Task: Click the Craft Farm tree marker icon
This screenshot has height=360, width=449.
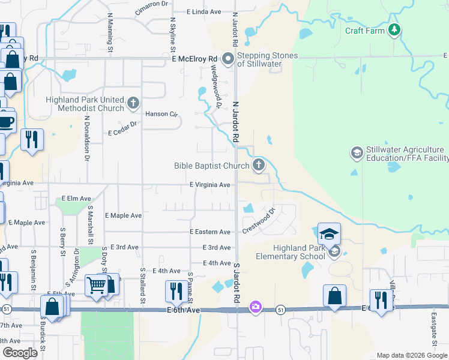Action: [394, 29]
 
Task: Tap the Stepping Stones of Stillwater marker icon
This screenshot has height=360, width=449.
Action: [228, 59]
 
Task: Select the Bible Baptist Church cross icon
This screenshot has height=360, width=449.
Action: [259, 164]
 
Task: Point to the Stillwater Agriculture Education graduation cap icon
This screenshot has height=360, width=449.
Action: [357, 152]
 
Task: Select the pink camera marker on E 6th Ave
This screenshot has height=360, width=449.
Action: [256, 307]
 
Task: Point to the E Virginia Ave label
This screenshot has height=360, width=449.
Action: [210, 185]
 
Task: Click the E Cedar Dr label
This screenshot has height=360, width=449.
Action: [122, 125]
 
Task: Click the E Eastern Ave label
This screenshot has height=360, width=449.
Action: [210, 232]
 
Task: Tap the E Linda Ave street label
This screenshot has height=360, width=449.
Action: [204, 11]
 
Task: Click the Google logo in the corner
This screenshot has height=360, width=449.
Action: [20, 353]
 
